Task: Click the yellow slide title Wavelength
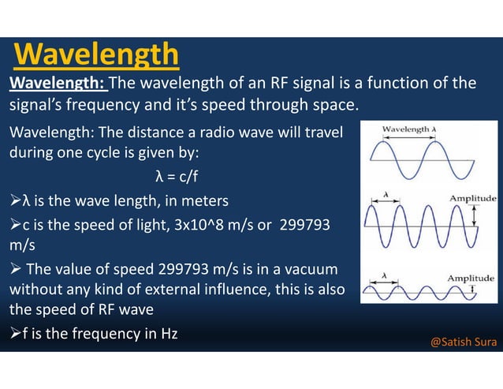96,54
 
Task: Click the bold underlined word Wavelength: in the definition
57,83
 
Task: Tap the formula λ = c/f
177,175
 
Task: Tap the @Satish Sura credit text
464,342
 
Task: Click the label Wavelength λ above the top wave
409,129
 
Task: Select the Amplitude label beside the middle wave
471,198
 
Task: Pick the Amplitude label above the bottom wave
471,279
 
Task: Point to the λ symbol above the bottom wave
384,275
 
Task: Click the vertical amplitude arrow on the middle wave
474,217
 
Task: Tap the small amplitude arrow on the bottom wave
471,290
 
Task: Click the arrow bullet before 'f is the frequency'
15,334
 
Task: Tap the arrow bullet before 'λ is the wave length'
15,200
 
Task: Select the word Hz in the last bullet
169,333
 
